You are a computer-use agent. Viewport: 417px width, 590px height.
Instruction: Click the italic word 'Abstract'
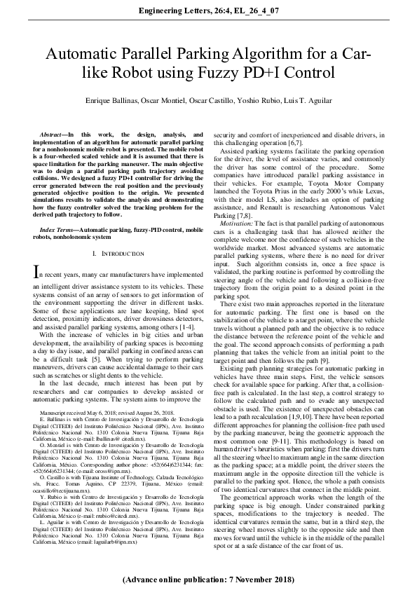pyautogui.click(x=53, y=133)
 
